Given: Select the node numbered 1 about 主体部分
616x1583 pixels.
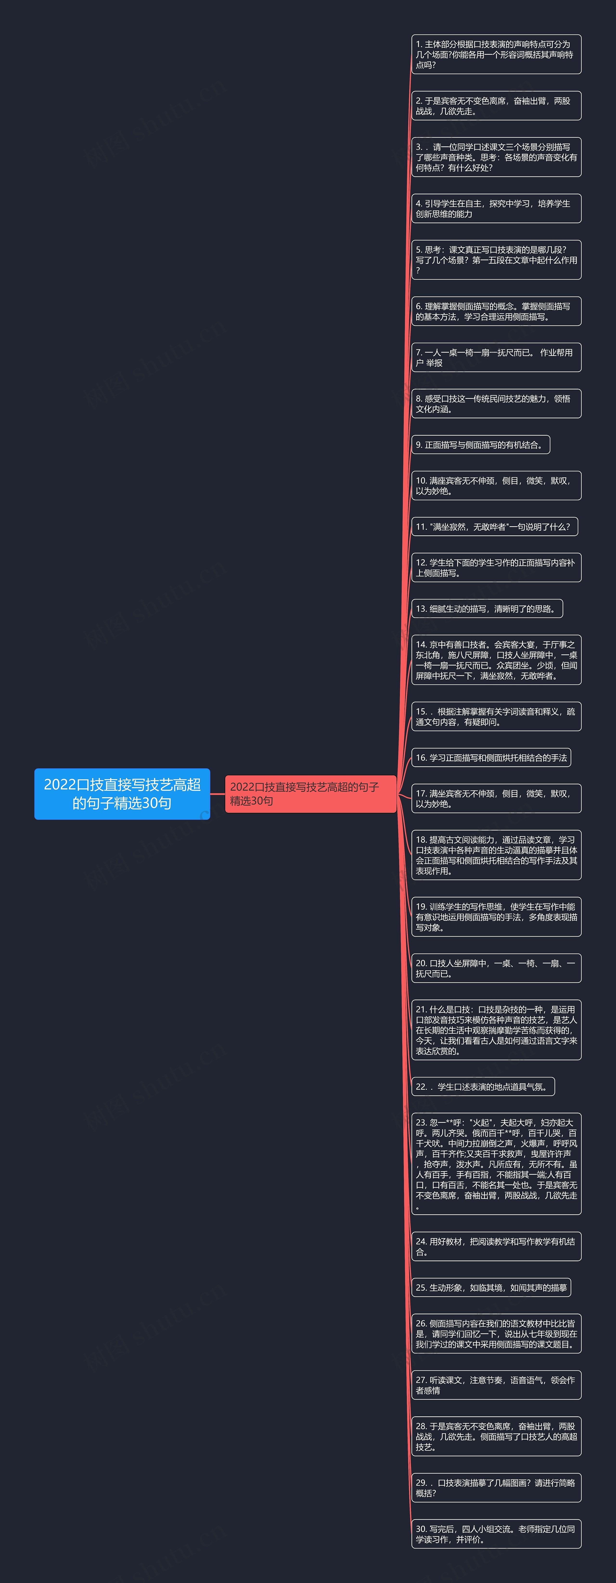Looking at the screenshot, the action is point(496,55).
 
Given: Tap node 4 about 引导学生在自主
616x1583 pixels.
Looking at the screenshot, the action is point(496,208).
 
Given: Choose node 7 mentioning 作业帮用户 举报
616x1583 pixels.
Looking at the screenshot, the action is point(496,357).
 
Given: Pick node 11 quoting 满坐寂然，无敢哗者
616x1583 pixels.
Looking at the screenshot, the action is point(494,527).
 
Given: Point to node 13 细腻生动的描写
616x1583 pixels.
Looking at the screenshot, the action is point(486,608).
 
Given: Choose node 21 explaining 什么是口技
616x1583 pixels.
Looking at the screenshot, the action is point(496,1030).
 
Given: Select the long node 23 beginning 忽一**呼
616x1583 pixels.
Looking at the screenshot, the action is point(496,1163).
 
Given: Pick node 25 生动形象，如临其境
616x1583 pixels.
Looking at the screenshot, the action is point(491,1287).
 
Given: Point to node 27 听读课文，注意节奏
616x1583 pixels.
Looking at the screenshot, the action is point(496,1385).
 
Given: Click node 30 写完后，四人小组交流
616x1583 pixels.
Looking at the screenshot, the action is point(496,1534).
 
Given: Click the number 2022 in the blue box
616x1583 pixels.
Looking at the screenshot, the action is point(59,785).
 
